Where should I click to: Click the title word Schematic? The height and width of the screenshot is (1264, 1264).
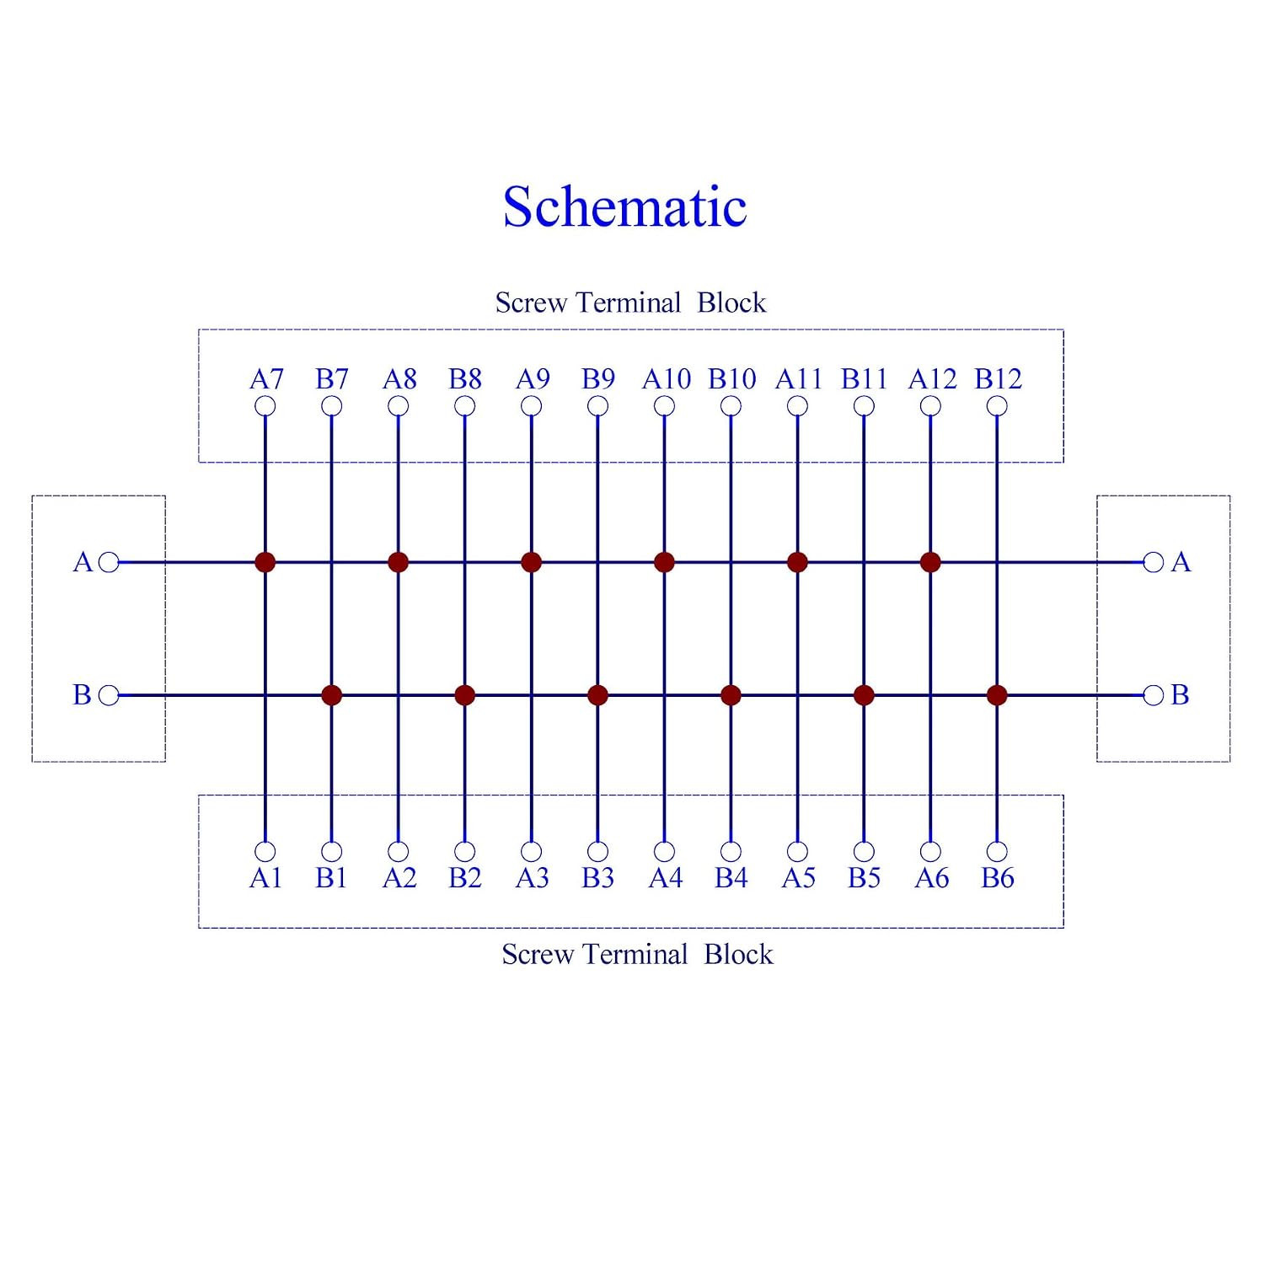tap(624, 206)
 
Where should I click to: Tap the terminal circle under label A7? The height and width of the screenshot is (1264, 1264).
tap(265, 406)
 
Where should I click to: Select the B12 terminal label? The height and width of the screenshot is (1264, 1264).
tap(999, 378)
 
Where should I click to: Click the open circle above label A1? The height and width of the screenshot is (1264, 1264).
tap(265, 851)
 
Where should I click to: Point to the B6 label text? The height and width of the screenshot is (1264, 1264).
tap(998, 878)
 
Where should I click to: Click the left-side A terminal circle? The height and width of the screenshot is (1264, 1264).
tap(109, 562)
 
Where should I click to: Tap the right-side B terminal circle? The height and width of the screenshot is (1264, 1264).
tap(1154, 695)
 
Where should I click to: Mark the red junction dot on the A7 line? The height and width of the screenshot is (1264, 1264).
tap(265, 562)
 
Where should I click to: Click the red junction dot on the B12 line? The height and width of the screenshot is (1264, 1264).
tap(997, 695)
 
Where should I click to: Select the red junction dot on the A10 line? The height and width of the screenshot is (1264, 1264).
tap(664, 562)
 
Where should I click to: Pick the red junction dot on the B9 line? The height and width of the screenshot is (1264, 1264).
tap(597, 695)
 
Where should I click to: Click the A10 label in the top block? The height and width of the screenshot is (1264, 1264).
tap(667, 378)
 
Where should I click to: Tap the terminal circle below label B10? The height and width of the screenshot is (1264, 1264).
tap(731, 406)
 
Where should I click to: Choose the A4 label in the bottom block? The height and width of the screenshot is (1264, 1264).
tap(666, 878)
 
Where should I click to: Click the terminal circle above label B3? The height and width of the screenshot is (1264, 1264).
tap(597, 851)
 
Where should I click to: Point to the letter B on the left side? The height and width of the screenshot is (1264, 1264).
tap(83, 695)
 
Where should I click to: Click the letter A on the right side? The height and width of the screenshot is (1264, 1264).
tap(1181, 562)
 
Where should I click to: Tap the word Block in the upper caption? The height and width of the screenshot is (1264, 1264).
tap(731, 303)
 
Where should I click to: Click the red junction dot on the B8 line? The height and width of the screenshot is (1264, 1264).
tap(464, 695)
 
